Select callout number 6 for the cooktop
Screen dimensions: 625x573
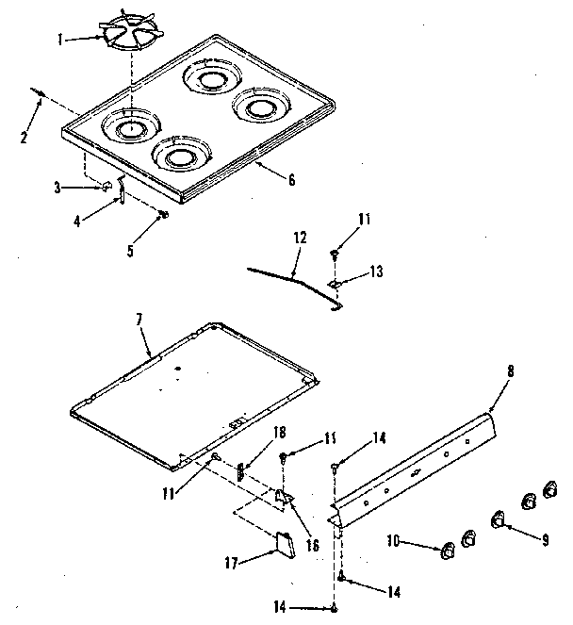[291, 179]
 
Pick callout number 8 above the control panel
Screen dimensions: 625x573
[511, 372]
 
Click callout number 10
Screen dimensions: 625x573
[395, 540]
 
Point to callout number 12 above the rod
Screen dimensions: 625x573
[299, 239]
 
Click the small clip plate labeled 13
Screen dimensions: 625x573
[335, 282]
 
